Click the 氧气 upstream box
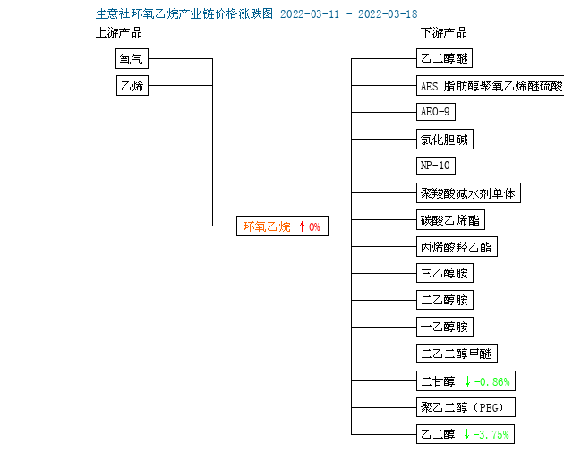(132, 58)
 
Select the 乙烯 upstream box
(132, 85)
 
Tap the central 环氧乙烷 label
(267, 226)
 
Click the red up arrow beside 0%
(302, 226)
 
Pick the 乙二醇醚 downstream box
(444, 58)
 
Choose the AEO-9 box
(436, 112)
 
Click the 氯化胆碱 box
(445, 139)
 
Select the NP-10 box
(436, 166)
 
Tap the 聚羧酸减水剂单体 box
(468, 193)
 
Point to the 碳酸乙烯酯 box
(450, 219)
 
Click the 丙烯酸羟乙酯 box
(457, 247)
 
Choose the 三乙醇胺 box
(445, 273)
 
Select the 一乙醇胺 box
(445, 327)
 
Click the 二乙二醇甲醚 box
(457, 354)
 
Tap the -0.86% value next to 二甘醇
(491, 381)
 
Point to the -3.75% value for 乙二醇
(491, 434)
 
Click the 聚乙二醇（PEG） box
(466, 407)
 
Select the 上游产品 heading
(119, 33)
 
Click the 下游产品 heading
(444, 33)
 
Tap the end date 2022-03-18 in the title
(388, 14)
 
